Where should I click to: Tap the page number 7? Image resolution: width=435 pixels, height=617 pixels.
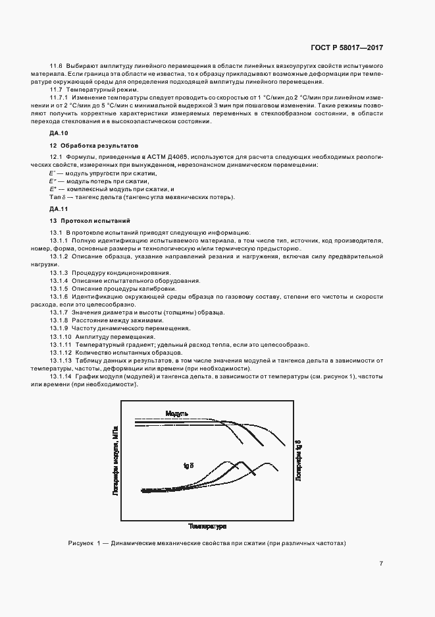point(381,562)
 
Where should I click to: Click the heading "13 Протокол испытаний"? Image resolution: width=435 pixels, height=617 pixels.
point(86,220)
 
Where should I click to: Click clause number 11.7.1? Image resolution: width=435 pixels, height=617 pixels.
point(61,97)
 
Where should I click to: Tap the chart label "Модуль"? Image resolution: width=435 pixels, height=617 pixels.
point(177,413)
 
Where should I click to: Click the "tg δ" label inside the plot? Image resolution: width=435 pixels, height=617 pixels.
point(189,465)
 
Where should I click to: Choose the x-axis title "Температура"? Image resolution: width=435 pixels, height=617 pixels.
point(207,527)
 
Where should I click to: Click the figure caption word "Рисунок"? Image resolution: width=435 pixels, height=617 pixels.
point(82,543)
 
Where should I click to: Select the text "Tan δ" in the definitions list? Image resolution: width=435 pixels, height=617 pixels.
point(57,197)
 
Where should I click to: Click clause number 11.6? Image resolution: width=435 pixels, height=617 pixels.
point(56,67)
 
